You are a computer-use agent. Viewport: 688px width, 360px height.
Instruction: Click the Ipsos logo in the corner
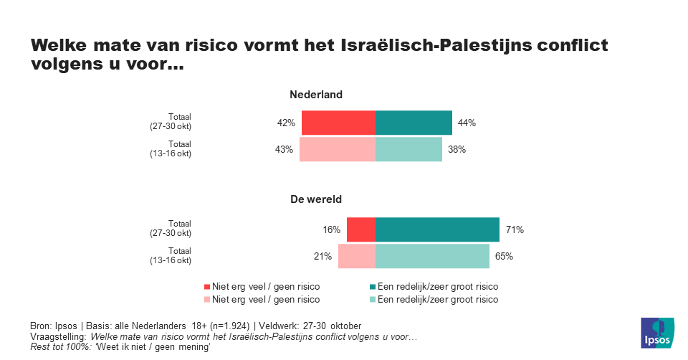click(656, 332)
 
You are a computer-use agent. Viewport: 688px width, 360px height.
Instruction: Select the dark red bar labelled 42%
click(338, 123)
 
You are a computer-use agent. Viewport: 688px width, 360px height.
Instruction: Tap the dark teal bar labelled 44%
click(414, 123)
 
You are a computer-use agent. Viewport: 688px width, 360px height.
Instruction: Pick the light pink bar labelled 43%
click(337, 149)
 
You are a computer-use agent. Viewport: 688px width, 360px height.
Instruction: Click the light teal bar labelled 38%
click(408, 149)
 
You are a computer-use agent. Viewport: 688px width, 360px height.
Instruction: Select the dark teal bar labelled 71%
click(437, 230)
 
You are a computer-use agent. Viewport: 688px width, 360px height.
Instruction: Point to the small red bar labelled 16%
click(360, 230)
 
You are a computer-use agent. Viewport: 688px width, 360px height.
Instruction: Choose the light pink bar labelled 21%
click(356, 256)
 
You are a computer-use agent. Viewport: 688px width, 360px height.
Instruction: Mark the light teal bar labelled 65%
click(432, 256)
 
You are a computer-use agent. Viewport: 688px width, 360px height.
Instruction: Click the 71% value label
click(515, 230)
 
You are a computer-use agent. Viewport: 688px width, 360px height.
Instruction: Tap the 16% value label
click(330, 230)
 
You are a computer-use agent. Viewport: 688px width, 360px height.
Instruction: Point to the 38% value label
click(457, 149)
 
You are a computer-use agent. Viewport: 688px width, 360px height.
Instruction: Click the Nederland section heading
click(315, 95)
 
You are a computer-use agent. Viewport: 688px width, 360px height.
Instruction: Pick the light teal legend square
click(371, 300)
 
